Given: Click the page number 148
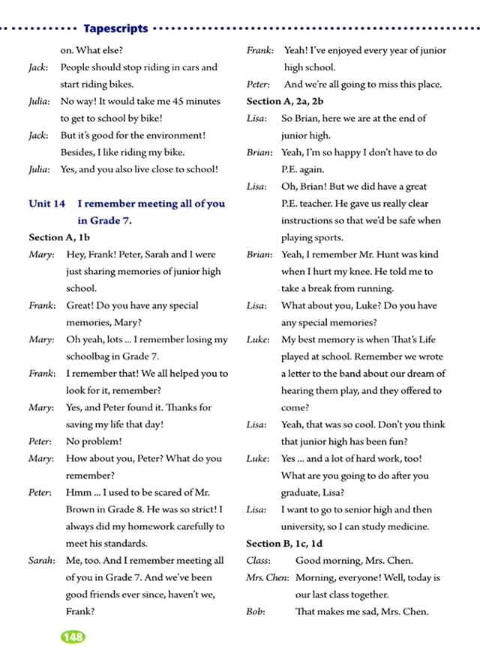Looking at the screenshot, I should tap(73, 637).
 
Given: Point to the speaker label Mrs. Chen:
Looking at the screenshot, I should tap(267, 578).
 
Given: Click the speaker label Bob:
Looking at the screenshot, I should tap(255, 612).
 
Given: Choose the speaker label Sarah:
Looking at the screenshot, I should tap(41, 560).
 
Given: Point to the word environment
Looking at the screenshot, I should tap(174, 136).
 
